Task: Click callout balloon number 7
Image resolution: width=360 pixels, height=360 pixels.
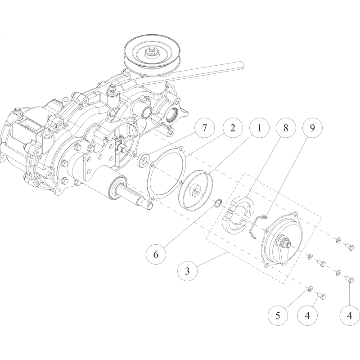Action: tap(204, 128)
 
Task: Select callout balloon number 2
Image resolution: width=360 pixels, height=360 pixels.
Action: tap(233, 128)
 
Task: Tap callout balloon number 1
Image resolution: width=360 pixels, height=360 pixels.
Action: tap(260, 128)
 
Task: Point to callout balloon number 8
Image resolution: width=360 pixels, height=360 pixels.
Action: tap(286, 128)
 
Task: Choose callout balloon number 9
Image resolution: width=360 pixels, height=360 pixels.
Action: tap(312, 128)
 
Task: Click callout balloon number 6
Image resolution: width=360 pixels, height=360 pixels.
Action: tap(156, 254)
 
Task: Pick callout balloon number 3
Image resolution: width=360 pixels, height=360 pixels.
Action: tap(187, 271)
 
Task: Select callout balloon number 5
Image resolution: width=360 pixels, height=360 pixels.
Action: tap(278, 316)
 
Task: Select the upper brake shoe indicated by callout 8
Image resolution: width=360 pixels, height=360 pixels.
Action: tap(243, 204)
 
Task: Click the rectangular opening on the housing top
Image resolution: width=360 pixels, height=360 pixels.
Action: tap(28, 126)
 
